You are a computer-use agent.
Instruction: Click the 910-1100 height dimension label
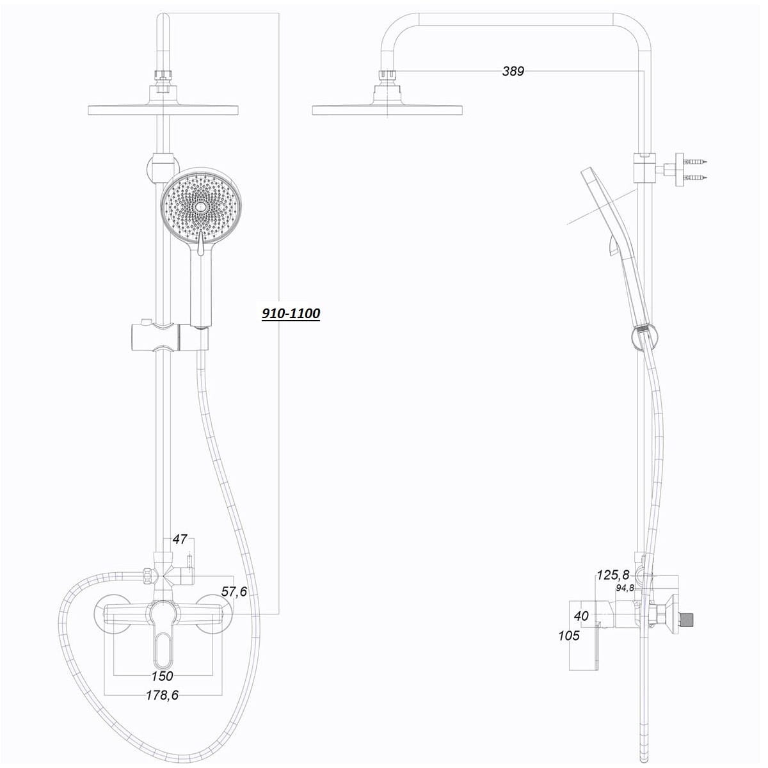291,314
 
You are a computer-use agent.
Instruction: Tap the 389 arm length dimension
513,71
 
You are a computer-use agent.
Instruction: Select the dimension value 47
179,540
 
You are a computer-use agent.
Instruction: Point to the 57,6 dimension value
234,592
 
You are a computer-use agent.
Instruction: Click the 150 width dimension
163,676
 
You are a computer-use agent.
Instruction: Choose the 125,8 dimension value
612,575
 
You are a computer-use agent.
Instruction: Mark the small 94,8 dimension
625,588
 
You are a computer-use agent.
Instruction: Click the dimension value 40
581,616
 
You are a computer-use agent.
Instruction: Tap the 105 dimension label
569,636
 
